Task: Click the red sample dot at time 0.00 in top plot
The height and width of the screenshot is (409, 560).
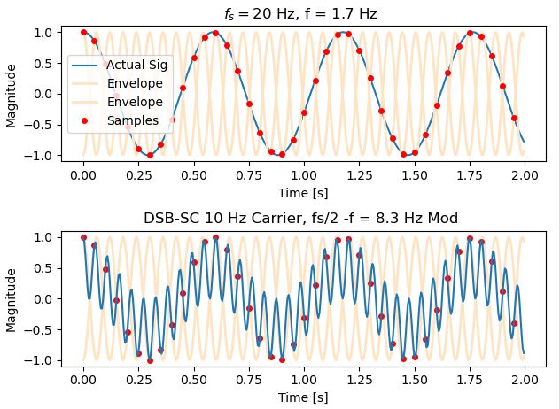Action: tap(83, 32)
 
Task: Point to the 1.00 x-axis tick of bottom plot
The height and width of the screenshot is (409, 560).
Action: tap(303, 377)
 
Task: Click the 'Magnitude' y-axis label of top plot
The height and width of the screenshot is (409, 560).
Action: tap(12, 94)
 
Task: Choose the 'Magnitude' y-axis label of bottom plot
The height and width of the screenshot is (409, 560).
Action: tap(12, 298)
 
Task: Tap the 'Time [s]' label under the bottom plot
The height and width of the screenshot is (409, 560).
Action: tap(303, 396)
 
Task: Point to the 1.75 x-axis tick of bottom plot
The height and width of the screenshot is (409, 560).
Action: tap(469, 377)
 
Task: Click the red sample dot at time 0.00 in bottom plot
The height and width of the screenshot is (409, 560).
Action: tap(83, 237)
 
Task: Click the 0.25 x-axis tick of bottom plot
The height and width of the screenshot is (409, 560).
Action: tap(138, 377)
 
